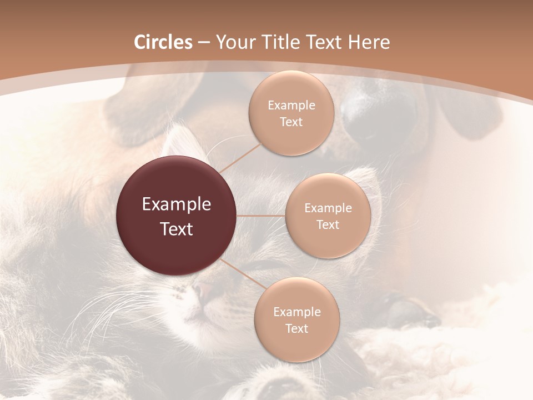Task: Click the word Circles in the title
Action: (x=163, y=42)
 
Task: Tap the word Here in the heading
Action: (x=369, y=42)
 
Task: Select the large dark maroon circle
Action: (x=177, y=216)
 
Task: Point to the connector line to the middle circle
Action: (x=261, y=216)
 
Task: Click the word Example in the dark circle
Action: (x=177, y=204)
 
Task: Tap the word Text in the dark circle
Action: (x=177, y=229)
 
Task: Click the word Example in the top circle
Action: (x=291, y=105)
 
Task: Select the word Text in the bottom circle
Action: (x=296, y=328)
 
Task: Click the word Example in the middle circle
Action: (x=328, y=208)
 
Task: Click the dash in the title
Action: (x=203, y=43)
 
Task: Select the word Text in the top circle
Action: (x=291, y=122)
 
